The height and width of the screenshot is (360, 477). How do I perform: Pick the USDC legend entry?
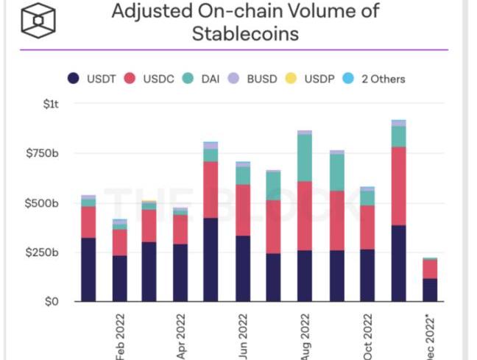tap(150, 79)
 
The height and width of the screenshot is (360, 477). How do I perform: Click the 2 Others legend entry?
tap(376, 79)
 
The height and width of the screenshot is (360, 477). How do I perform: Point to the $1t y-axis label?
tap(50, 105)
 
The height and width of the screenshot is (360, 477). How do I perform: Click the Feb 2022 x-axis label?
tap(120, 335)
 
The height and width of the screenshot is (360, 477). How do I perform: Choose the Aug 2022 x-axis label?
tap(304, 335)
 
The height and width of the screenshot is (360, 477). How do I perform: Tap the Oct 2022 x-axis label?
tap(367, 335)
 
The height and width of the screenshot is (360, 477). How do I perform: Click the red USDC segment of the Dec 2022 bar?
tap(430, 269)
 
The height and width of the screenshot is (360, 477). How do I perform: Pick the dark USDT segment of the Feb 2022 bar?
tap(119, 278)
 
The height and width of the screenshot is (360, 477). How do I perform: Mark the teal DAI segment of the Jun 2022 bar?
tap(243, 175)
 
